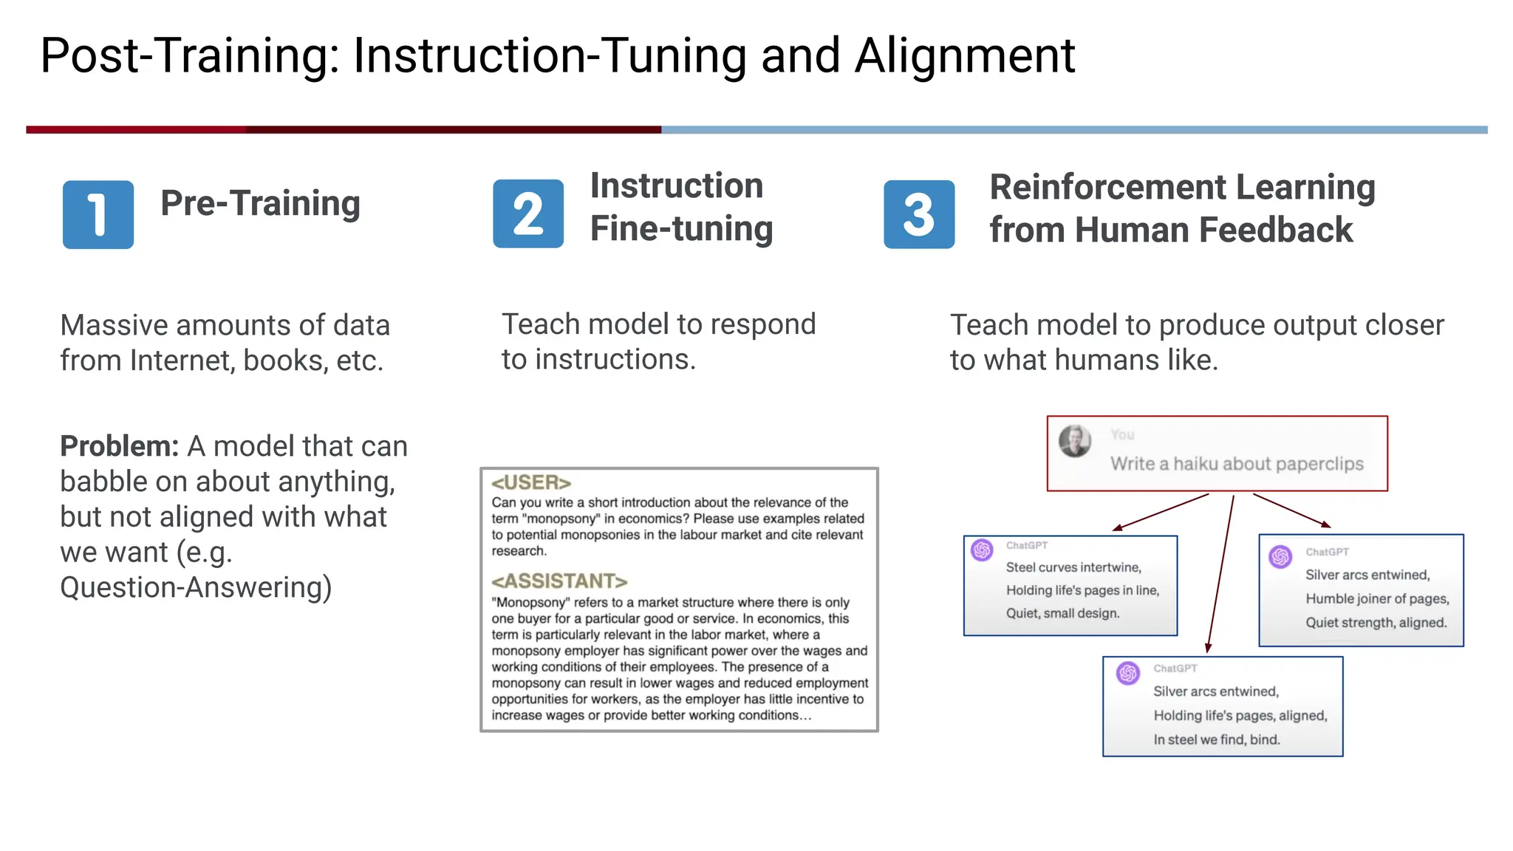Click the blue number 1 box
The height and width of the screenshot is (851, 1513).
[x=98, y=214]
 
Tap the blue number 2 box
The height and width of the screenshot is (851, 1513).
[x=528, y=214]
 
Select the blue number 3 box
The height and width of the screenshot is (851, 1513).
[x=919, y=214]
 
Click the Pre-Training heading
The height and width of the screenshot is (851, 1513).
[x=260, y=203]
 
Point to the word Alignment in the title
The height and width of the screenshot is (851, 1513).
[x=964, y=55]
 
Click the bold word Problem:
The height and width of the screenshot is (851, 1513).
[x=119, y=446]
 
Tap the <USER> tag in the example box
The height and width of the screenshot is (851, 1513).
[x=531, y=482]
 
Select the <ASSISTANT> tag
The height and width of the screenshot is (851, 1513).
[x=559, y=581]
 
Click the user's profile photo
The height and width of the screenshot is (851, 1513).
[x=1075, y=441]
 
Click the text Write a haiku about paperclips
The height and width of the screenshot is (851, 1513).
[x=1237, y=464]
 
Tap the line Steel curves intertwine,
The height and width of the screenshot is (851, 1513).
[x=1073, y=567]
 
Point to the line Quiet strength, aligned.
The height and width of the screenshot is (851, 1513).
[x=1376, y=622]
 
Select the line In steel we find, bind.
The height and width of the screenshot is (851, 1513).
[x=1217, y=739]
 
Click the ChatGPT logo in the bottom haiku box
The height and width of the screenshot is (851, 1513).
[x=1128, y=673]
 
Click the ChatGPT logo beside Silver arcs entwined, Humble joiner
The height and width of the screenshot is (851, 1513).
[x=1280, y=556]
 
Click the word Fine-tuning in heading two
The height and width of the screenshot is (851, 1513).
[x=681, y=229]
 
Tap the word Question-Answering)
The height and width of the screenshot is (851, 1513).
[x=196, y=587]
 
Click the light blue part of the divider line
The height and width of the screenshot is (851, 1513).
[x=1071, y=129]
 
